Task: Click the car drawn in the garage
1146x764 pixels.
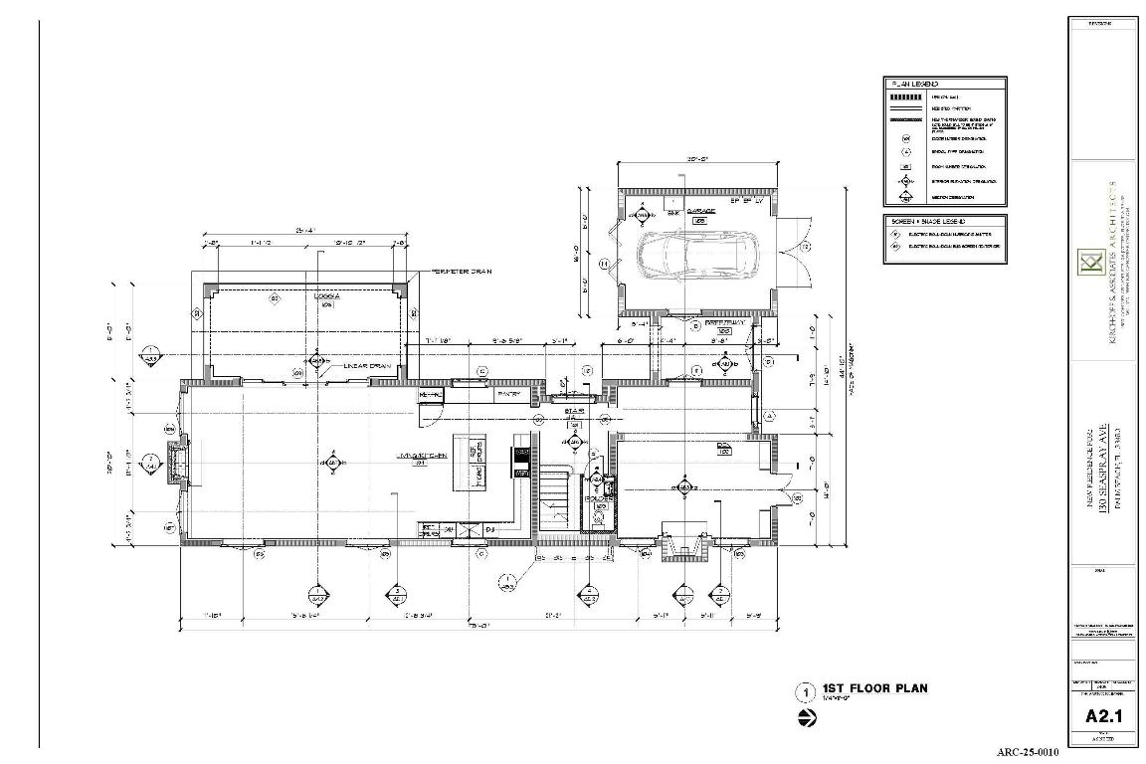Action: pyautogui.click(x=697, y=258)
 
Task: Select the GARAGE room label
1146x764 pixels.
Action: pyautogui.click(x=703, y=212)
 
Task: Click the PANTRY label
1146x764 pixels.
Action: pyautogui.click(x=509, y=394)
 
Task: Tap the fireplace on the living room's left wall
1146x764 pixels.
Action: pyautogui.click(x=178, y=463)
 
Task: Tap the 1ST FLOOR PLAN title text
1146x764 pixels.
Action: pyautogui.click(x=874, y=688)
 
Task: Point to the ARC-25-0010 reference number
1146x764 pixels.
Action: pyautogui.click(x=1028, y=753)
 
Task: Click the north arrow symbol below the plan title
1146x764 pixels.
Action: pyautogui.click(x=805, y=718)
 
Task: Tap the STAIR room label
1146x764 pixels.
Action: pyautogui.click(x=573, y=410)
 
